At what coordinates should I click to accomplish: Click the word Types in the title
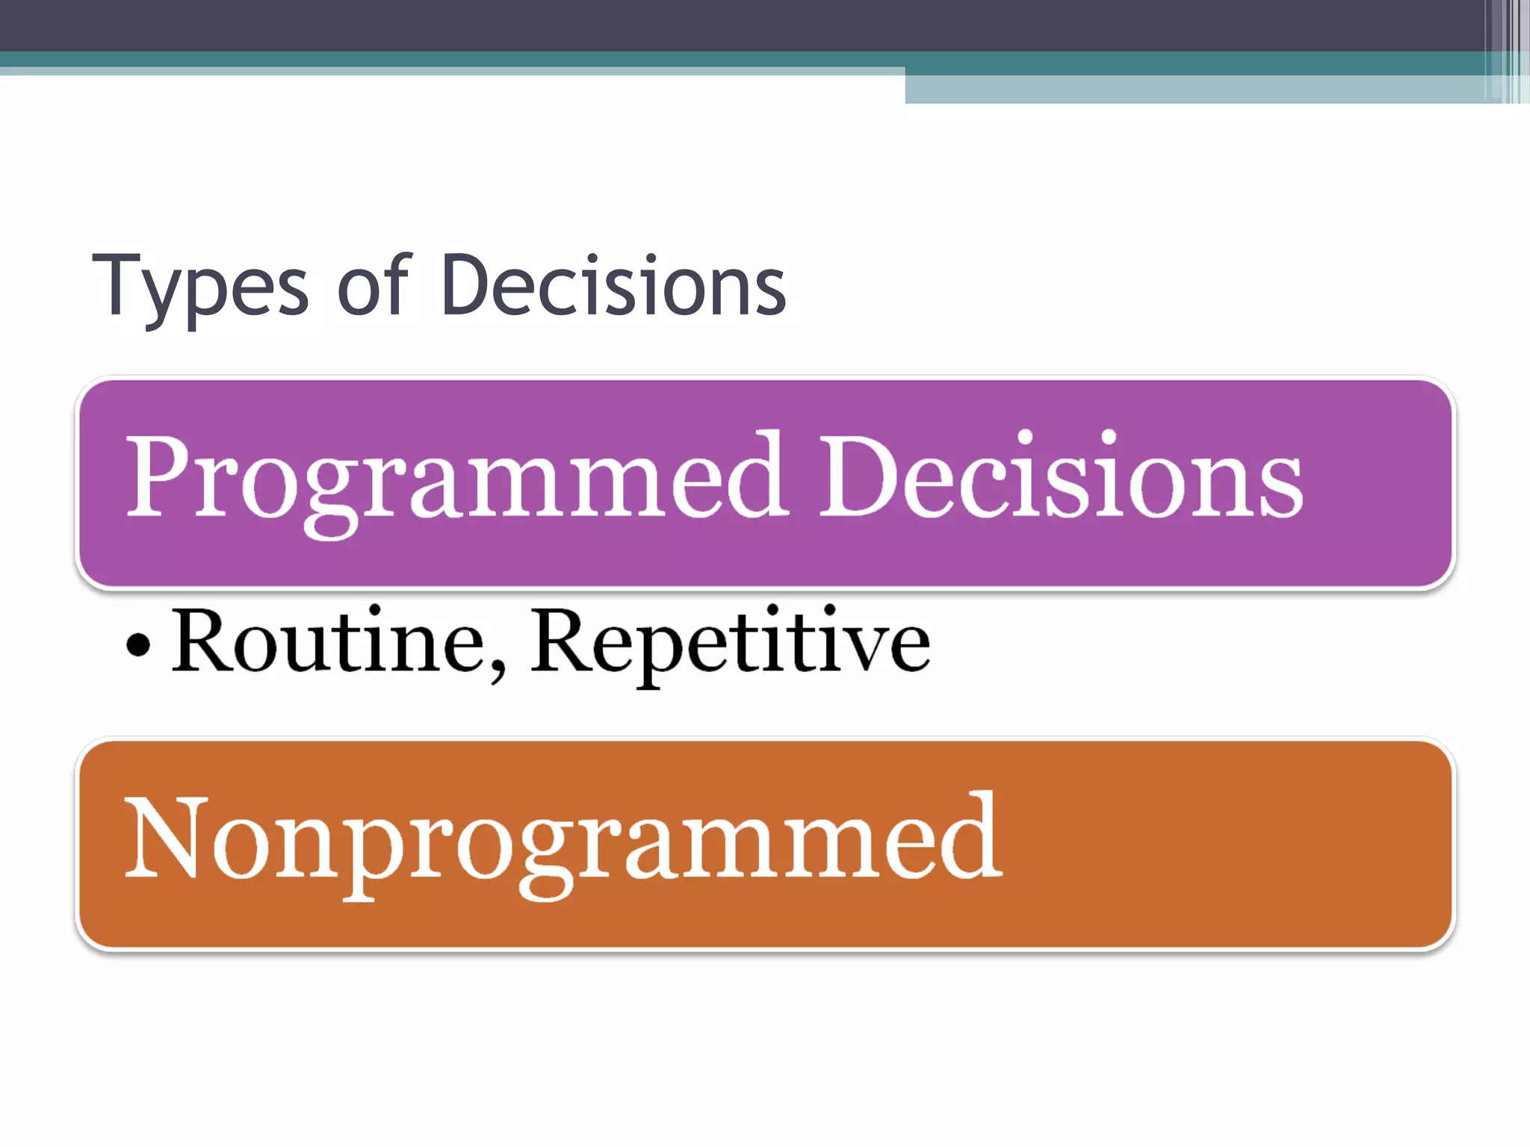pos(199,287)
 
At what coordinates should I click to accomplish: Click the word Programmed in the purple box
pos(456,478)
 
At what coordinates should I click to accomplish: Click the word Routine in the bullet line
pos(329,641)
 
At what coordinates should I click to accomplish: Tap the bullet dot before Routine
pos(138,644)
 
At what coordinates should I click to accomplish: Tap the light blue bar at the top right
pos(1195,89)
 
